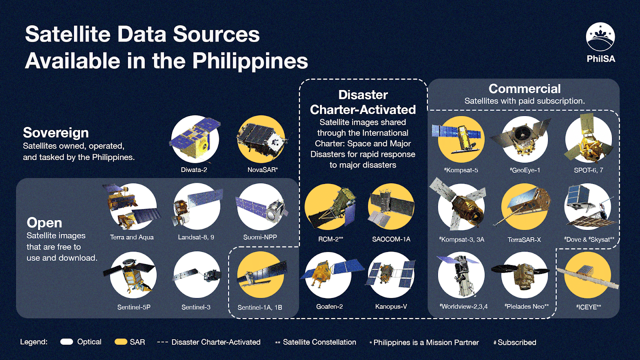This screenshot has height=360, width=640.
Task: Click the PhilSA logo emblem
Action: [x=600, y=37]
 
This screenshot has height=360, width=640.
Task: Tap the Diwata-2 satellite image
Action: [x=195, y=139]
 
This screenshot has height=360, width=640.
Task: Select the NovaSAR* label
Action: [x=262, y=170]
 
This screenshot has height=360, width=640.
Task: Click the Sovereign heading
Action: [x=56, y=133]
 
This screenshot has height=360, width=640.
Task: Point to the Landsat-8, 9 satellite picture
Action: [x=197, y=207]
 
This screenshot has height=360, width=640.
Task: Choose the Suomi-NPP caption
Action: [x=260, y=237]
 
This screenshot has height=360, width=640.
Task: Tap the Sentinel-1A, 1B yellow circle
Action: [x=260, y=275]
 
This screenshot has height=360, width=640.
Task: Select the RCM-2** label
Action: [x=330, y=239]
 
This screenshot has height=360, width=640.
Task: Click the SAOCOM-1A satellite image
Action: [x=391, y=207]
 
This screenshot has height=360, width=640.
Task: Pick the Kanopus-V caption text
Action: [x=391, y=306]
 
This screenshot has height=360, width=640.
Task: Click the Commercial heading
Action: [x=524, y=88]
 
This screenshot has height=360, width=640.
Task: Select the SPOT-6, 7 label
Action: [x=588, y=170]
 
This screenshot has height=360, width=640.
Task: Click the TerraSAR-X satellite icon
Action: [x=524, y=207]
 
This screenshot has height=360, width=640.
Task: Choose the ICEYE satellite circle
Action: [x=588, y=275]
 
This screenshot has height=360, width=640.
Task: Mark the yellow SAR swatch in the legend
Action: [x=121, y=342]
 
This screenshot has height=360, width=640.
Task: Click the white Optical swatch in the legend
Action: [x=67, y=342]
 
